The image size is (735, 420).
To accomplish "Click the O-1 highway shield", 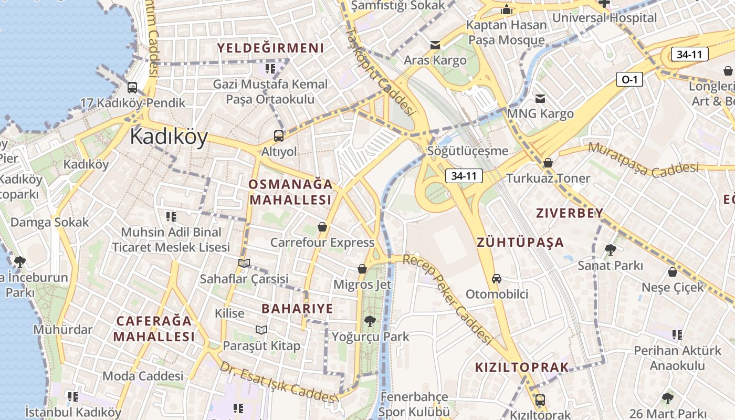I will coord(629,79).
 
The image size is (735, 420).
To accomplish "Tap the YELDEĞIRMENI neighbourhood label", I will coord(271,48).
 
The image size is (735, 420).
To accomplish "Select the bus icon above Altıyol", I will coord(279,136).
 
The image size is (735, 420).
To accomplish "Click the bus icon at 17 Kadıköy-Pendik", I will coord(132,88).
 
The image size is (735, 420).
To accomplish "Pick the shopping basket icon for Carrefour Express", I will coord(322,227).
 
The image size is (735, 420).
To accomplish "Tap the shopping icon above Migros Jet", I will coord(362,269).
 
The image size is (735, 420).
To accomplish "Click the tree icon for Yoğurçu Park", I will coord(370,321).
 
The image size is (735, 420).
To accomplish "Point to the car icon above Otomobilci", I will coord(497,278).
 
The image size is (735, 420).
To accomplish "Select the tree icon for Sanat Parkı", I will coord(610,250).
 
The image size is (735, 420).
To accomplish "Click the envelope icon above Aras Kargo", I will coord(435,45).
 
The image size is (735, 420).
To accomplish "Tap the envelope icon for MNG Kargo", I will coord(540,98).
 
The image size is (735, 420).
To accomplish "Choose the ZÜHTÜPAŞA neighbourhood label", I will coord(520,243).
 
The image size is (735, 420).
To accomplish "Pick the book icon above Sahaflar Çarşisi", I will coord(244,263).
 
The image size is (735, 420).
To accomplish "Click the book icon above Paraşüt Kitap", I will coord(261,330).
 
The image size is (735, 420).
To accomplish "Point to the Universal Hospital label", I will coord(604,18).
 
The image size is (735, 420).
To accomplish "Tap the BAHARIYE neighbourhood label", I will coord(297,309).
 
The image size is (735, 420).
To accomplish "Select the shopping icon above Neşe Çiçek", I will coord(673,272).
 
